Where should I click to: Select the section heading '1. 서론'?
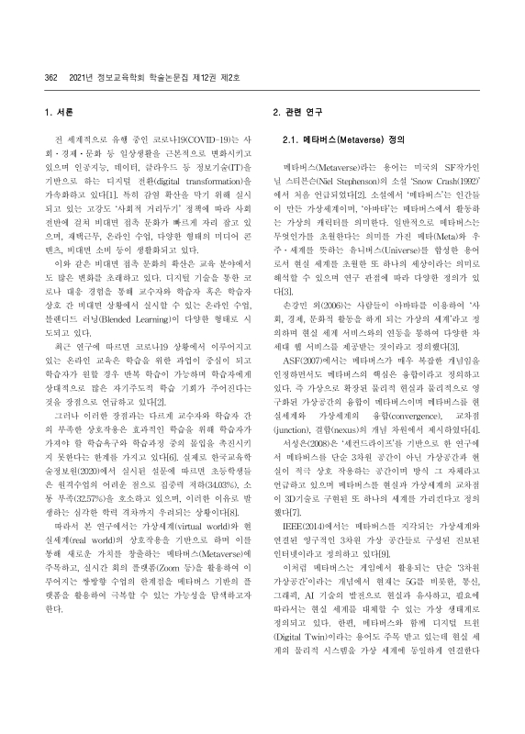(60, 115)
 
